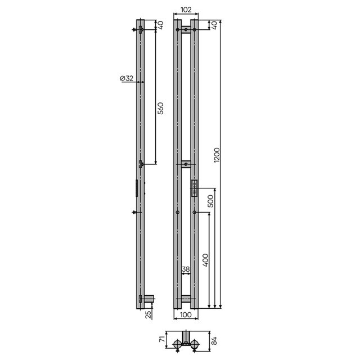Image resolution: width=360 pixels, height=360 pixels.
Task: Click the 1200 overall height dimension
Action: click(217, 155)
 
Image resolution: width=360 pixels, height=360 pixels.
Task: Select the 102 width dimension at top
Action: click(186, 10)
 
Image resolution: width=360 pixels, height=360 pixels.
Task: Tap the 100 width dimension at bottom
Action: click(186, 314)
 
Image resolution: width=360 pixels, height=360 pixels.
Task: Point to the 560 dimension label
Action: click(161, 109)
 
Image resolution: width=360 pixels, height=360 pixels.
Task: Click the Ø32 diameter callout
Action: click(127, 78)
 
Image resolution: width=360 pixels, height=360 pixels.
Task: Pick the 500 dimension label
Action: click(210, 201)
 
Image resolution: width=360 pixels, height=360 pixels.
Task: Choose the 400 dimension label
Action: click(205, 260)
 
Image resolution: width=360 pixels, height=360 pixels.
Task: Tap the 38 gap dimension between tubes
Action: click(186, 269)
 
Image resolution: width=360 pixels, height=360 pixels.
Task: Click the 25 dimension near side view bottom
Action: click(148, 314)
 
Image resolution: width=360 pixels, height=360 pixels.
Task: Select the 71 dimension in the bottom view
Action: click(162, 340)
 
